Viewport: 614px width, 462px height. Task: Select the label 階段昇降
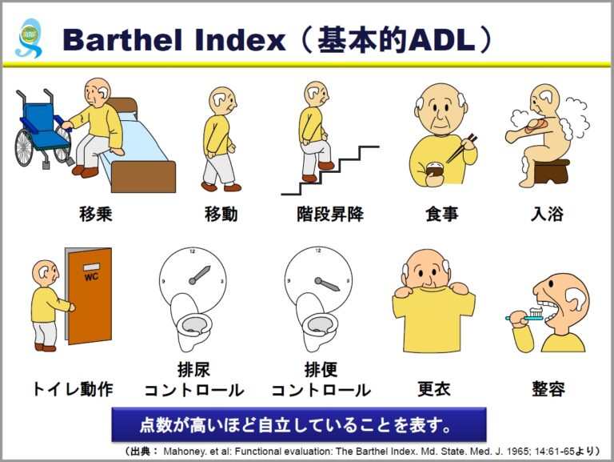pyautogui.click(x=330, y=215)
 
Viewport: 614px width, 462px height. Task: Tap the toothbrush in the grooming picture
pyautogui.click(x=520, y=318)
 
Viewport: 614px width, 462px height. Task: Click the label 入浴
pyautogui.click(x=548, y=215)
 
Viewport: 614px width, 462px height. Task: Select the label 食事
pyautogui.click(x=442, y=215)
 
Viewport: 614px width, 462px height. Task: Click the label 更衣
pyautogui.click(x=434, y=390)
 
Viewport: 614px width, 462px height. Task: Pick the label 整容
pyautogui.click(x=548, y=390)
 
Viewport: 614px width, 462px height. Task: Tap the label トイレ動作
pyautogui.click(x=72, y=390)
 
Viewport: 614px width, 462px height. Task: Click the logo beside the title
pyautogui.click(x=29, y=38)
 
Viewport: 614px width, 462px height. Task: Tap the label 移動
pyautogui.click(x=221, y=215)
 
